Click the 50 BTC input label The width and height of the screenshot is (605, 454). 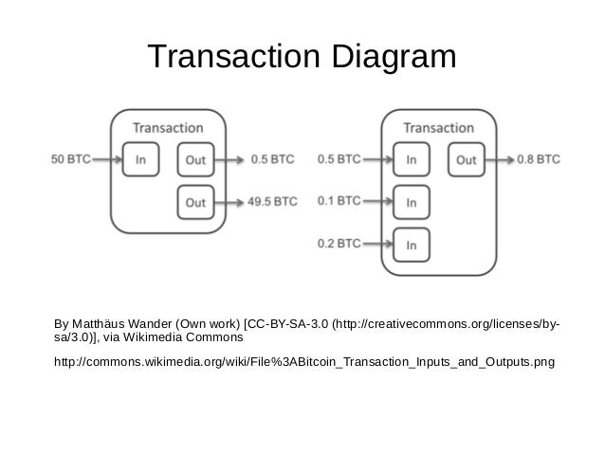point(70,159)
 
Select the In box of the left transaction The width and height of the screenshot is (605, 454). point(140,159)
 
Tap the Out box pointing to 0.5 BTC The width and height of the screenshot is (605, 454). point(195,159)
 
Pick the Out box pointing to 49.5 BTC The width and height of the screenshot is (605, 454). point(195,201)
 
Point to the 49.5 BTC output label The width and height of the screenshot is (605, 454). point(272,201)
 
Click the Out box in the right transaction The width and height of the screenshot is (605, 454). point(466,159)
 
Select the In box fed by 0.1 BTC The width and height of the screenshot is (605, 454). point(411,201)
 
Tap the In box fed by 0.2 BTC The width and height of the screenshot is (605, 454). point(411,244)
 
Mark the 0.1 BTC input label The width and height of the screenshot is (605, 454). point(339,201)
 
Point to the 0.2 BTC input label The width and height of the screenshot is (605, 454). point(339,244)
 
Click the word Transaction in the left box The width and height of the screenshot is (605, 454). point(167,126)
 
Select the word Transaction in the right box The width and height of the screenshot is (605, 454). point(438,126)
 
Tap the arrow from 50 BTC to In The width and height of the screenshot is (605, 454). point(106,159)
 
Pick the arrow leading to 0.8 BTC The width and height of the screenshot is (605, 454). point(501,159)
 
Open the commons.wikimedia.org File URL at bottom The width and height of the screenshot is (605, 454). point(304,362)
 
